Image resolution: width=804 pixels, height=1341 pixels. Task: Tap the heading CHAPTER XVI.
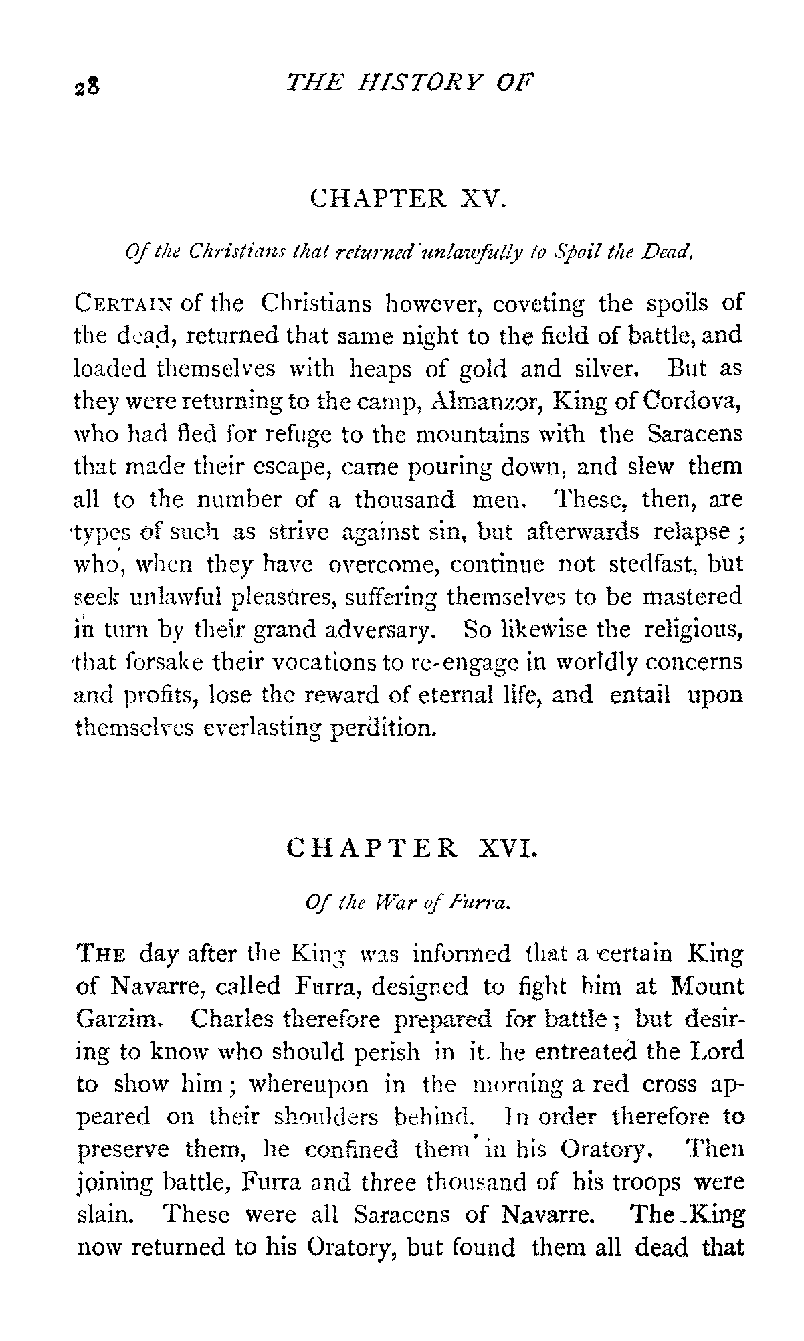click(x=411, y=849)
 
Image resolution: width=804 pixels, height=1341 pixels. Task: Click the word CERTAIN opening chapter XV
click(x=124, y=304)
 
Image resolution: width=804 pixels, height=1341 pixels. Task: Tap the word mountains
click(x=473, y=435)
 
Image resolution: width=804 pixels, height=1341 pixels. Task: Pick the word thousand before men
click(x=404, y=500)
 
